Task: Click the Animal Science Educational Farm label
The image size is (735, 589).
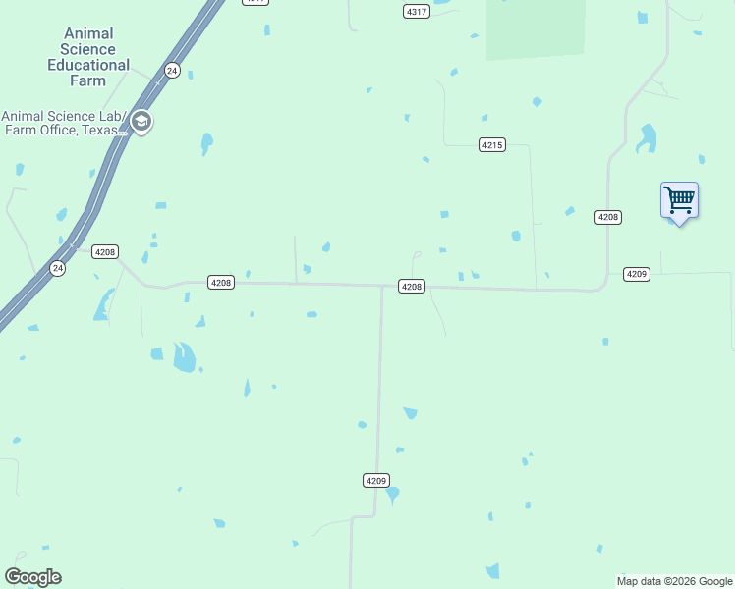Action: pos(88,57)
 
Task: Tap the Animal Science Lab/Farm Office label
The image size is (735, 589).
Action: pos(65,122)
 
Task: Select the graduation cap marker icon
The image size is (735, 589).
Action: pos(141,123)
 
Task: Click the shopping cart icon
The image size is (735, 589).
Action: pos(679,200)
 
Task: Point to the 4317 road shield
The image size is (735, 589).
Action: pos(417,11)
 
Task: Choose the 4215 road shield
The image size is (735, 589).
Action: pos(492,145)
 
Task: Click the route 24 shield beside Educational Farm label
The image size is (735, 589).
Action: pos(172,70)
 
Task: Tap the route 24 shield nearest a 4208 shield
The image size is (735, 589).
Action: pos(58,268)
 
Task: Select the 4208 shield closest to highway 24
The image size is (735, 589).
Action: pos(105,252)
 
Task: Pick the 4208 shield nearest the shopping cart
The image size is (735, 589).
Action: pos(608,217)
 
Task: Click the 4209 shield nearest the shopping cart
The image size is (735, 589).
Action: pos(637,274)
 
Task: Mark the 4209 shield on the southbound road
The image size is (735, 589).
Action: pos(375,481)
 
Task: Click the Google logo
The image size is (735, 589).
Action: pos(32,577)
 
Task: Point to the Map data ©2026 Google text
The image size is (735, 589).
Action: pos(674,582)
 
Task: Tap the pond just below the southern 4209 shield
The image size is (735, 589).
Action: pos(393,494)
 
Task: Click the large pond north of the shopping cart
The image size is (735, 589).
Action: pos(647,138)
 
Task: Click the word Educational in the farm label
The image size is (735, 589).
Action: pos(88,65)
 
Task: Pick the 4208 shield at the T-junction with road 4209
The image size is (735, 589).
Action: pos(411,287)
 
